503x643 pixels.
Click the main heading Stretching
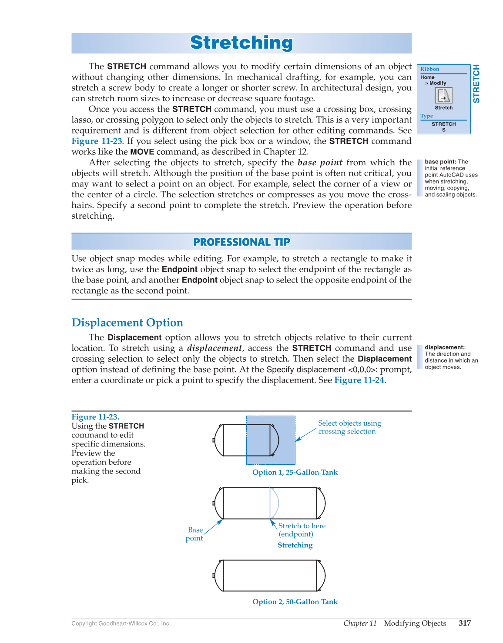241,43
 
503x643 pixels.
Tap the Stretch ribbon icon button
443,96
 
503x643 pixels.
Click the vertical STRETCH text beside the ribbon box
476,83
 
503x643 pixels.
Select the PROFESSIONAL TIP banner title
241,242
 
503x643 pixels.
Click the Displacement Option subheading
127,323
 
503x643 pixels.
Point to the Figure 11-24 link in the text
359,380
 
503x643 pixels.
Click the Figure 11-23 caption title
95,416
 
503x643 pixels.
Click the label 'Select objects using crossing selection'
349,427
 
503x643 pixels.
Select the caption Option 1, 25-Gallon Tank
295,472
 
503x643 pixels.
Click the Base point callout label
194,534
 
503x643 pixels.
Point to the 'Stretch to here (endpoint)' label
302,530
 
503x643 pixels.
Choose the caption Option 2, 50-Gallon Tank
295,602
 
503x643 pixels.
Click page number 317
465,623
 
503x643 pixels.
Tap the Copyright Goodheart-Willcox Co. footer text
121,623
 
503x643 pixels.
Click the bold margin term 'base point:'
440,162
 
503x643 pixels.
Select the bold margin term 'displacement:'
445,347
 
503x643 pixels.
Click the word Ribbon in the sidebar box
430,69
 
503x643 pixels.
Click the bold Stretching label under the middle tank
295,545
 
